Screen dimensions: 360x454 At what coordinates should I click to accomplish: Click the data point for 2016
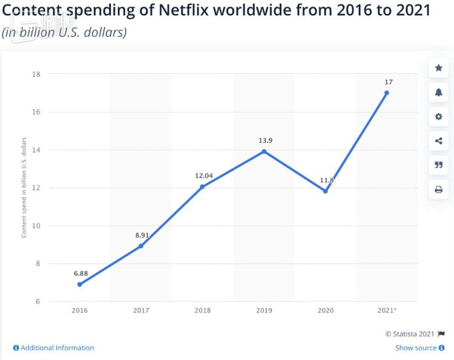[x=79, y=284]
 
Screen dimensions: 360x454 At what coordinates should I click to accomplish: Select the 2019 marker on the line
[x=264, y=151]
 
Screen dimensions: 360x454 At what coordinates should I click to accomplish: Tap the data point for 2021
[x=387, y=93]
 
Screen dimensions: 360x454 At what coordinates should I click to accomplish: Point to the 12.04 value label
[x=202, y=175]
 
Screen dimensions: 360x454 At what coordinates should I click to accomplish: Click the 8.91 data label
[x=141, y=235]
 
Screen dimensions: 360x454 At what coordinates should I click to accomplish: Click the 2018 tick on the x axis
[x=202, y=310]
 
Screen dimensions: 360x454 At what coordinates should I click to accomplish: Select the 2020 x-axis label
[x=325, y=310]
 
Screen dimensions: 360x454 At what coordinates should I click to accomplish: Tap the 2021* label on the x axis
[x=387, y=310]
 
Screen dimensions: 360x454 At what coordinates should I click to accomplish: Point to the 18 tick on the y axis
[x=36, y=74]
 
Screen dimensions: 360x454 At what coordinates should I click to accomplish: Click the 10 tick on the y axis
[x=36, y=226]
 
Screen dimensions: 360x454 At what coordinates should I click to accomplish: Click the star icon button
[x=438, y=68]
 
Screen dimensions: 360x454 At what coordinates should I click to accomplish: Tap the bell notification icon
[x=438, y=92]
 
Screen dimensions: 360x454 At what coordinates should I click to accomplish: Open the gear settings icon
[x=438, y=117]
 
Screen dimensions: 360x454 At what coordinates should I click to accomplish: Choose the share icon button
[x=438, y=141]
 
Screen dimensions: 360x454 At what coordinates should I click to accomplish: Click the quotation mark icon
[x=438, y=165]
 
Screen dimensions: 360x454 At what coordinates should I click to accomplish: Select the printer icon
[x=438, y=189]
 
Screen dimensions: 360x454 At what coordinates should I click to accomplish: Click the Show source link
[x=416, y=348]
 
